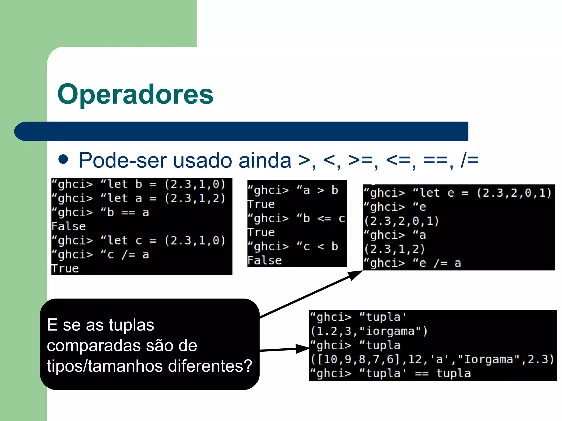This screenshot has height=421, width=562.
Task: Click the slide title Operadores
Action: click(x=135, y=94)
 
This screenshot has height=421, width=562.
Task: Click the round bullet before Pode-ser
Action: click(x=63, y=159)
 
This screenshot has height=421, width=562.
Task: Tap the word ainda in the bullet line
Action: click(x=265, y=160)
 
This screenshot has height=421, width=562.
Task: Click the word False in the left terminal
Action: click(x=69, y=226)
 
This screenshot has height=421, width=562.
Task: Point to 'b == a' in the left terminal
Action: click(x=128, y=213)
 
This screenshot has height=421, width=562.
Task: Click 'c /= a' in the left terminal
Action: click(x=128, y=255)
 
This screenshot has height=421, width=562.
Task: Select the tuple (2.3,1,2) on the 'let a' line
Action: click(x=195, y=198)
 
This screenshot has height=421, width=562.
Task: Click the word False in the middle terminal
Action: click(x=265, y=261)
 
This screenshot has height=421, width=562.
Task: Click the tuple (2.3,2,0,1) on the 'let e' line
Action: click(x=514, y=193)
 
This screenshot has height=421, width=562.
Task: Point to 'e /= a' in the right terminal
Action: click(x=440, y=263)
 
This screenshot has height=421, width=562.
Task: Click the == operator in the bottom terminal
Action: click(x=422, y=374)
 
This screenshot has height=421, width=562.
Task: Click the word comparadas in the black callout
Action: click(x=96, y=346)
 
